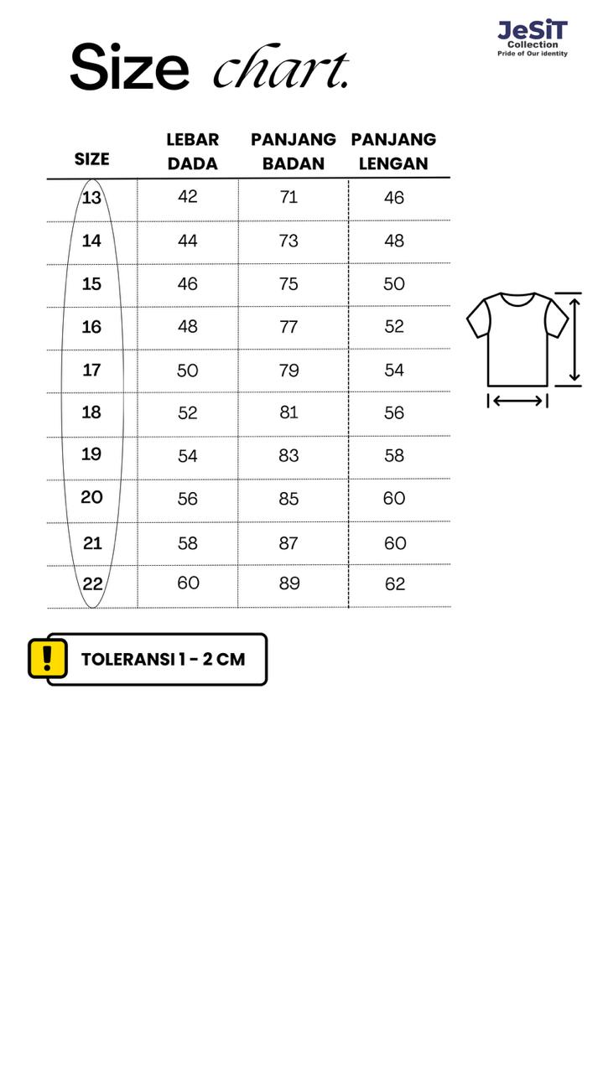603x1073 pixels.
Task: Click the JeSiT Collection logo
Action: tap(533, 39)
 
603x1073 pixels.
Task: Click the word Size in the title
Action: tap(129, 67)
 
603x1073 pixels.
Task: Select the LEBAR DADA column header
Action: tap(192, 152)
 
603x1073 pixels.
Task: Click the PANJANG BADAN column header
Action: tap(293, 152)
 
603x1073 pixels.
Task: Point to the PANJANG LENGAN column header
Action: tap(393, 152)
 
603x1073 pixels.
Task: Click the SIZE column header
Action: tap(91, 159)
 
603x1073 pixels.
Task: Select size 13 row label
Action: tap(91, 198)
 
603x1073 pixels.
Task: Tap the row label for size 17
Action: tap(91, 370)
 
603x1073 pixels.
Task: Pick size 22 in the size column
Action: tap(92, 584)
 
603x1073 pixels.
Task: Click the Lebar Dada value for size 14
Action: tap(188, 241)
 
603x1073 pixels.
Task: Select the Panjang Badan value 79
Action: tap(289, 370)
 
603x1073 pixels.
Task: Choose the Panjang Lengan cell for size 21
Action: tap(394, 543)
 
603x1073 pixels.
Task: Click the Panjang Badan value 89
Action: tap(289, 583)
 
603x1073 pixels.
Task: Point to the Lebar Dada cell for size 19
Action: tap(188, 456)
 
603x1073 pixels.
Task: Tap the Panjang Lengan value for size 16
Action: tap(394, 327)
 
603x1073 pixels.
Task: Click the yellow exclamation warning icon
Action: tap(48, 658)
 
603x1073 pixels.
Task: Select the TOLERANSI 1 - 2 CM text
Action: tap(163, 659)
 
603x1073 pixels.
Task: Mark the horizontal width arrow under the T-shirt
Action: tap(517, 401)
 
